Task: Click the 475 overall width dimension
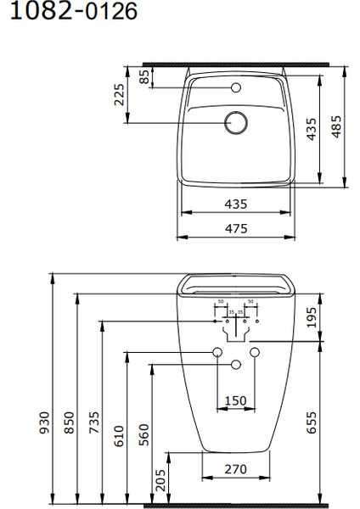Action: pyautogui.click(x=235, y=228)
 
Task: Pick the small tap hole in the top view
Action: pyautogui.click(x=235, y=87)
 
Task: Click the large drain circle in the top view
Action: pyautogui.click(x=235, y=123)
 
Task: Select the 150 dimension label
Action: pyautogui.click(x=235, y=401)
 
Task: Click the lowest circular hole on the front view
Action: pyautogui.click(x=235, y=364)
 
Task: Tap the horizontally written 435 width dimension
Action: pyautogui.click(x=235, y=204)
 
